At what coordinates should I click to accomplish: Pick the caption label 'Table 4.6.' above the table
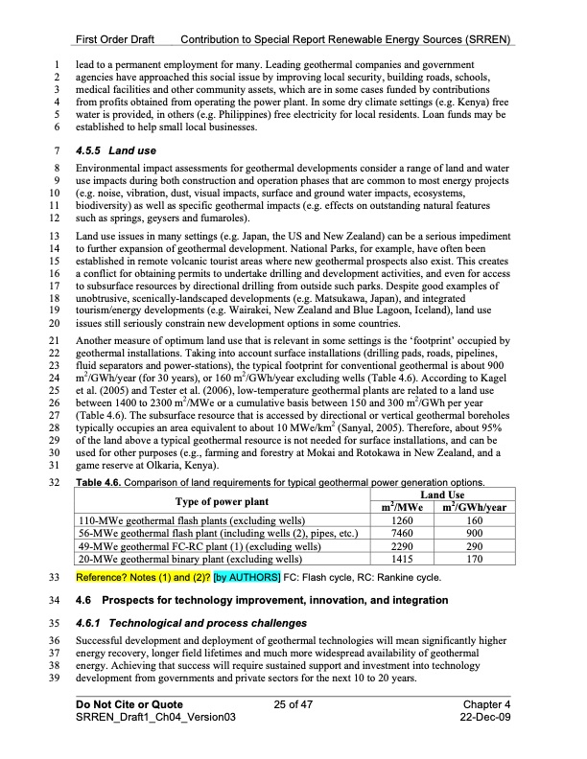(x=100, y=482)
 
